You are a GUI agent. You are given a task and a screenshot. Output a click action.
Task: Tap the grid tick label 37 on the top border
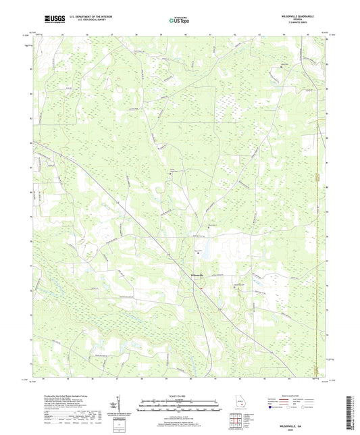coord(112,32)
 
